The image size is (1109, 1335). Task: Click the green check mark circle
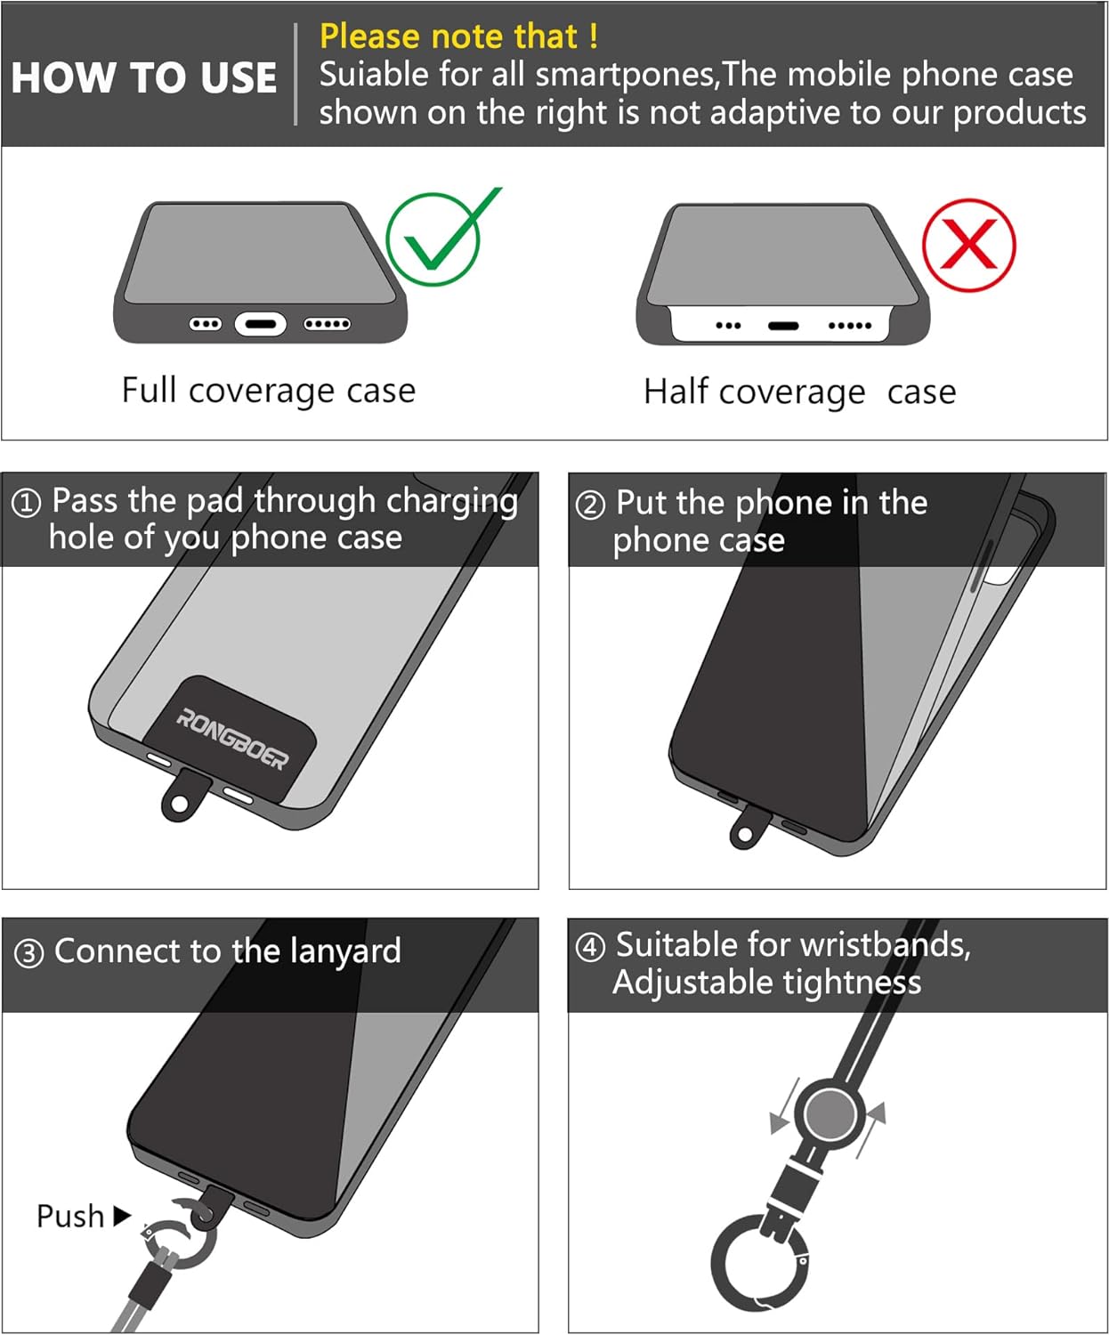coord(388,239)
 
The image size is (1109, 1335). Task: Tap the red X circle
coord(924,246)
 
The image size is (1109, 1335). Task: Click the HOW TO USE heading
coord(144,78)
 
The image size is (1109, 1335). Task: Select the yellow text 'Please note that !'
coord(459,36)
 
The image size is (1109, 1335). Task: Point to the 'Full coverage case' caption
coord(269,391)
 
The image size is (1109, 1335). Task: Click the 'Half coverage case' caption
coord(799,392)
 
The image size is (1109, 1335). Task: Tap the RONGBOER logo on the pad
coord(232,739)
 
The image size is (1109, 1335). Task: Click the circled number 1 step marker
coord(27,504)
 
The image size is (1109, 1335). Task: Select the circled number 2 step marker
coord(590,506)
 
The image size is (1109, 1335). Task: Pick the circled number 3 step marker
coord(28,954)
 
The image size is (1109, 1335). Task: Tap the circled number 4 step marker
coord(590,948)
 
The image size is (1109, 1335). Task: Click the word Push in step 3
coord(70,1216)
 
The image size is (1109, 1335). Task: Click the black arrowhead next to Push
coord(122,1216)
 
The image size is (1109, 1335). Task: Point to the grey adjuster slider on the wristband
coord(830,1113)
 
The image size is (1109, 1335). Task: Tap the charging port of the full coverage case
coord(260,324)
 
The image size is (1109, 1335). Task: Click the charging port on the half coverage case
coord(783,326)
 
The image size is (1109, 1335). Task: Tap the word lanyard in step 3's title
coord(345,951)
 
